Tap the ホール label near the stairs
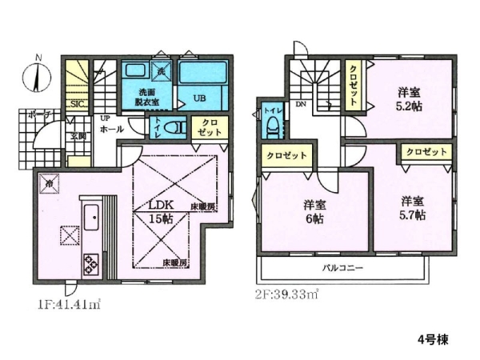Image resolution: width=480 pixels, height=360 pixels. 110,128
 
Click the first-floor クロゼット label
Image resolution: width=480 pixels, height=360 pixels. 211,126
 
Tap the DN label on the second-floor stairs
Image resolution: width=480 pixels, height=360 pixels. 301,104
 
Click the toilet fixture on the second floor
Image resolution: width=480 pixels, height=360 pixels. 272,125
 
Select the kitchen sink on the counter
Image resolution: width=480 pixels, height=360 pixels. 89,215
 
